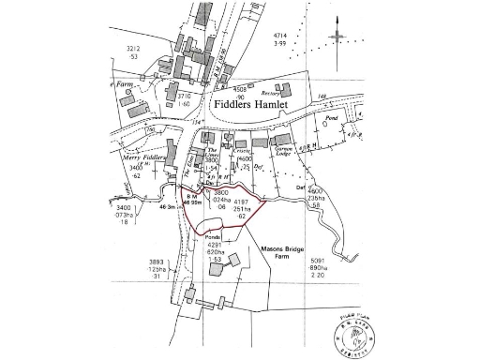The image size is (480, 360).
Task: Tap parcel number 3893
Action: pyautogui.click(x=156, y=262)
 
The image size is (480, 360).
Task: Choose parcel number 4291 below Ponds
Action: pyautogui.click(x=215, y=246)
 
